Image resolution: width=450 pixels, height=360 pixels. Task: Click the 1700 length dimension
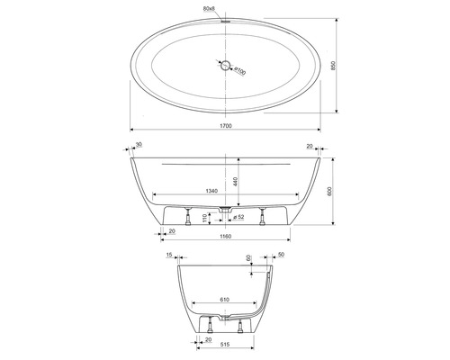[225, 126]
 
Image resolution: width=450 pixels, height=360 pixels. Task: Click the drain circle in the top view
[224, 65]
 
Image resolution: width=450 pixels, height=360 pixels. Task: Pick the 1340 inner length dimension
[212, 191]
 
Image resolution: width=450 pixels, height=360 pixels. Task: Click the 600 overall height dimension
[342, 192]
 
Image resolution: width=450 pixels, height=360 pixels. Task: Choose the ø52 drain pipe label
[240, 217]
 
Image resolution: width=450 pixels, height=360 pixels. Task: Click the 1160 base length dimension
[225, 237]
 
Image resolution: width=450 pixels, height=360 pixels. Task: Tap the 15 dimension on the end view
[169, 256]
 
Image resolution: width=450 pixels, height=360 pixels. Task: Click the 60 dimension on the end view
[249, 257]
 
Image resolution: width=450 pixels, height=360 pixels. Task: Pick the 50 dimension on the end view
[281, 256]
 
